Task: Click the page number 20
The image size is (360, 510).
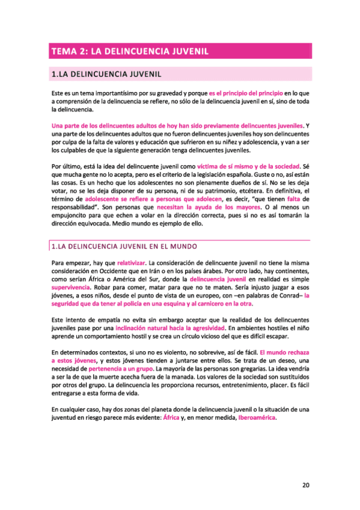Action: tap(306, 467)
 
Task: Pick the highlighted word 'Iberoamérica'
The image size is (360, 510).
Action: tap(259, 417)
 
